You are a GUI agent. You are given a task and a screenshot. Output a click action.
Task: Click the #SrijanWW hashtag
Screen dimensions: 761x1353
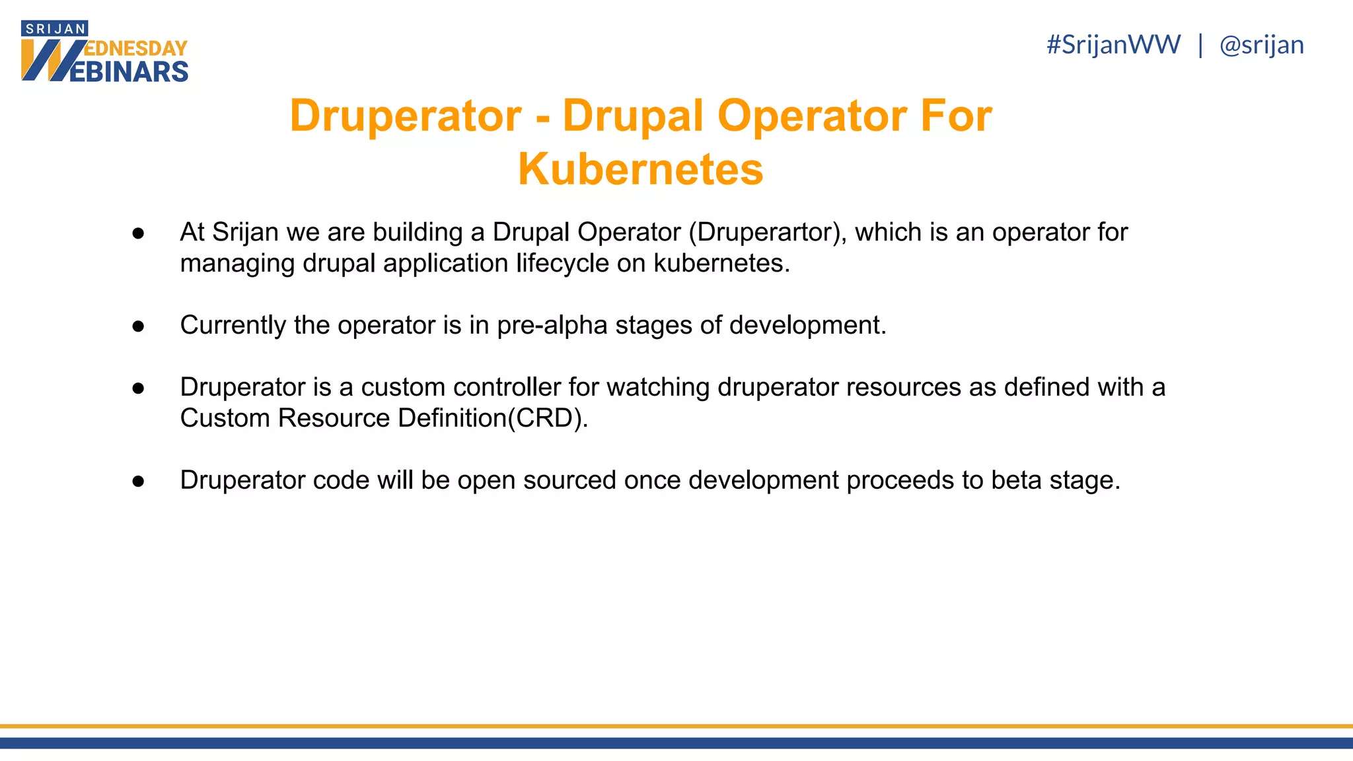[x=1113, y=45]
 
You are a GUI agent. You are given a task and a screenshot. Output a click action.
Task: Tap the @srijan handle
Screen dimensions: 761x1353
[x=1261, y=45]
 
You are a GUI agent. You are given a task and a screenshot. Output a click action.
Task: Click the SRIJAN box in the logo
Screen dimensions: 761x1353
[x=55, y=29]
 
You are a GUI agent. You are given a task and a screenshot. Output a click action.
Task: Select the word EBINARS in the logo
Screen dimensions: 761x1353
[x=129, y=71]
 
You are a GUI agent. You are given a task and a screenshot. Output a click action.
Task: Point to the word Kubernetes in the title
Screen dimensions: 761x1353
[x=640, y=169]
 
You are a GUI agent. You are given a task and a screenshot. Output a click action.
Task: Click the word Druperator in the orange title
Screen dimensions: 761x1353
[x=406, y=116]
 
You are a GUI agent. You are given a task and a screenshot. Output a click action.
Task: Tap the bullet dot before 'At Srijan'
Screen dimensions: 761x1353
[x=138, y=233]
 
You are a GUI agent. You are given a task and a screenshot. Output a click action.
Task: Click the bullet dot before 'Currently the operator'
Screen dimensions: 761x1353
[x=138, y=326]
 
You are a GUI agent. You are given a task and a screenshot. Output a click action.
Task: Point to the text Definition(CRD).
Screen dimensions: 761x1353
[x=493, y=418]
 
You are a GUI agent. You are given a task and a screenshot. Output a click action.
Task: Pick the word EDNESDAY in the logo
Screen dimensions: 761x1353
[x=136, y=49]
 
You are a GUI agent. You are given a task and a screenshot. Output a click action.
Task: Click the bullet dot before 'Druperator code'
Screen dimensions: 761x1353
[x=138, y=481]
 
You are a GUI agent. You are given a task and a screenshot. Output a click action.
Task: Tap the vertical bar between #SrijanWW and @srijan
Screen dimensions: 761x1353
[x=1200, y=45]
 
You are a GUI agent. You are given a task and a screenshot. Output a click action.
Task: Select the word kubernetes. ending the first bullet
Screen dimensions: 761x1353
[x=721, y=264]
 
